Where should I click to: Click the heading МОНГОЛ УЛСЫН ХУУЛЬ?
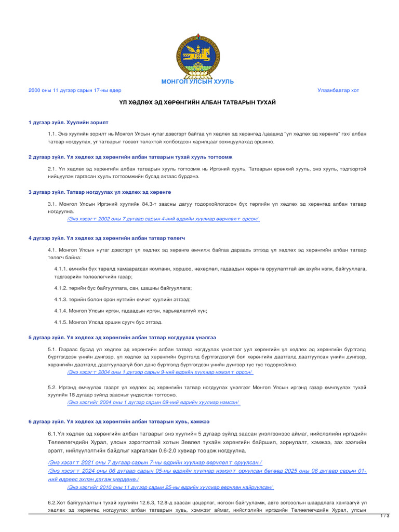(197, 82)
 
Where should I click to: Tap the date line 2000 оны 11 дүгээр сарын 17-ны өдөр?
(75, 90)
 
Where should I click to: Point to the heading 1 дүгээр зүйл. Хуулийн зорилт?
(69, 122)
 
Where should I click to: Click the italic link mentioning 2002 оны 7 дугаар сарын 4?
(163, 219)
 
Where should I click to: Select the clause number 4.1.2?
(61, 288)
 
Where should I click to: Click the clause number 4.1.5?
(61, 322)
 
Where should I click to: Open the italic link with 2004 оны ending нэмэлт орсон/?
(160, 372)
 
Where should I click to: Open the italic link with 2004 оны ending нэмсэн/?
(154, 402)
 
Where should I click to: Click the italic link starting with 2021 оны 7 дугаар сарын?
(154, 462)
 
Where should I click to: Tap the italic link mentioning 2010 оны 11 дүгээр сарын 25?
(170, 487)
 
